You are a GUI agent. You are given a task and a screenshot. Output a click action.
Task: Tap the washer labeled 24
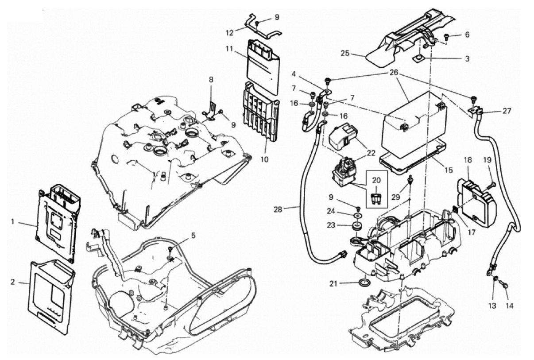pos(357,216)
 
